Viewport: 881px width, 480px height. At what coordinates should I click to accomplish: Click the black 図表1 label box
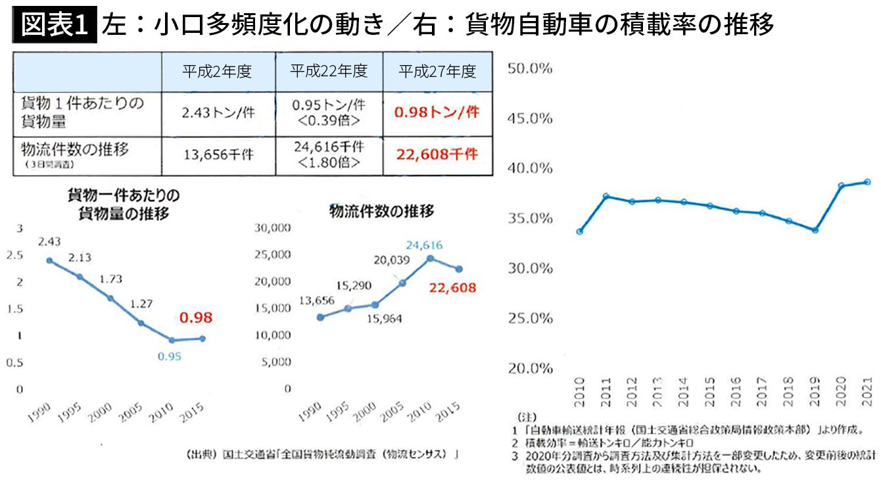click(x=55, y=26)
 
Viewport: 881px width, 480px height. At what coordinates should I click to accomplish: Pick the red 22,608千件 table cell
click(x=437, y=155)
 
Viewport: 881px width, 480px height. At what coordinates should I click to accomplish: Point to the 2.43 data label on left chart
click(x=49, y=242)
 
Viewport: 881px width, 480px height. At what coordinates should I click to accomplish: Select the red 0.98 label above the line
click(x=195, y=318)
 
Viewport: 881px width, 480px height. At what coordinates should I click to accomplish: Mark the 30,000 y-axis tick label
click(x=273, y=228)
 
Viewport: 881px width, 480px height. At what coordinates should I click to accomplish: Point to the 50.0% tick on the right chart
click(x=529, y=68)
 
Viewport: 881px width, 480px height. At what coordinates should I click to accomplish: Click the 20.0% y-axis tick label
click(x=529, y=368)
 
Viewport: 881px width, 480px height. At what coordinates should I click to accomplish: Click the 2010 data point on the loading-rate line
click(x=579, y=231)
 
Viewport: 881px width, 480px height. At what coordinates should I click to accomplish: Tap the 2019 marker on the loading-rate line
click(x=815, y=230)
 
